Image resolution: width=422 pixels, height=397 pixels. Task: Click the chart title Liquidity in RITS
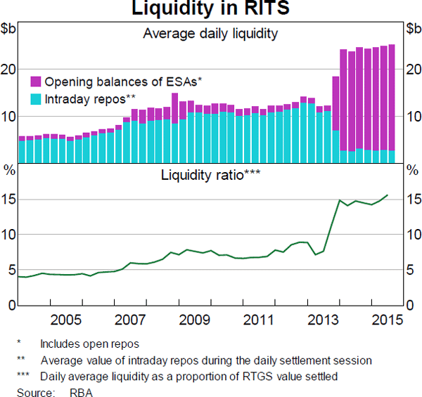[210, 10]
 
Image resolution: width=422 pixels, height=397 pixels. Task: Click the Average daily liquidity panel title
[210, 33]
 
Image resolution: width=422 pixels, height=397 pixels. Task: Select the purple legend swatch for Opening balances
[36, 82]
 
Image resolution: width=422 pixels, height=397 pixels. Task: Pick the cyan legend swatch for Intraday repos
[36, 99]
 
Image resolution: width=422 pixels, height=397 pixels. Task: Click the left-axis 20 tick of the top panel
[9, 69]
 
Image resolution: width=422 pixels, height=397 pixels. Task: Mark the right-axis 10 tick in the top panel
[412, 116]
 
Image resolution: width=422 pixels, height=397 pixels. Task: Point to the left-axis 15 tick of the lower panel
[9, 200]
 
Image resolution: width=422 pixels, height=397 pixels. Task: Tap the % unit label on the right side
[411, 169]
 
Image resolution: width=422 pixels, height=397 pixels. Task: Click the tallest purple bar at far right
[391, 98]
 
